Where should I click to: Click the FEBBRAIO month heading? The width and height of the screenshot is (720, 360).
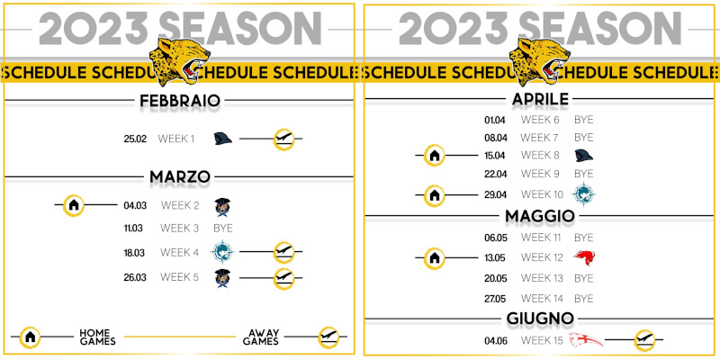click(180, 101)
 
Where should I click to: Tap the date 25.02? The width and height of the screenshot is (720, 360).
click(135, 139)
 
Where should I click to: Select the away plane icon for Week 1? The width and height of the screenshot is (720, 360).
click(283, 139)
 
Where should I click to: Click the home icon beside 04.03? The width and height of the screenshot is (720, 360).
click(74, 205)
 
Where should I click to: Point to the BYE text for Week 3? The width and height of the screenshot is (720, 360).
click(223, 229)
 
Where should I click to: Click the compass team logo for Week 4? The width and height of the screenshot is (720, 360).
click(222, 252)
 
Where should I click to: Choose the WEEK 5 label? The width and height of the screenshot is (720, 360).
click(179, 277)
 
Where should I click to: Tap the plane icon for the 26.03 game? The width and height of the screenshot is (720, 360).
click(283, 279)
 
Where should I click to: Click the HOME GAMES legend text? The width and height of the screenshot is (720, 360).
click(97, 337)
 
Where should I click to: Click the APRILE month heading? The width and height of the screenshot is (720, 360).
click(540, 99)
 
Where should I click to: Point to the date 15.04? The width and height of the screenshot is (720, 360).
click(495, 156)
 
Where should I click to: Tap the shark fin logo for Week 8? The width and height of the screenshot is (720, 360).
click(583, 156)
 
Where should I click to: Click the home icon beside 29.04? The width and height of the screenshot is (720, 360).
click(435, 195)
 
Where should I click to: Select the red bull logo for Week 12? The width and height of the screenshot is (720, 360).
click(584, 256)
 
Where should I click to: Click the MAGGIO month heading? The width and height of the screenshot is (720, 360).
click(540, 216)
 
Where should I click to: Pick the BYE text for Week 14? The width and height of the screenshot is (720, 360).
click(583, 299)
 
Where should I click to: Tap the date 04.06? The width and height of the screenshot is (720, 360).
click(495, 341)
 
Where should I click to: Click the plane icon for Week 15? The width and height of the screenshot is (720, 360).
click(644, 341)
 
